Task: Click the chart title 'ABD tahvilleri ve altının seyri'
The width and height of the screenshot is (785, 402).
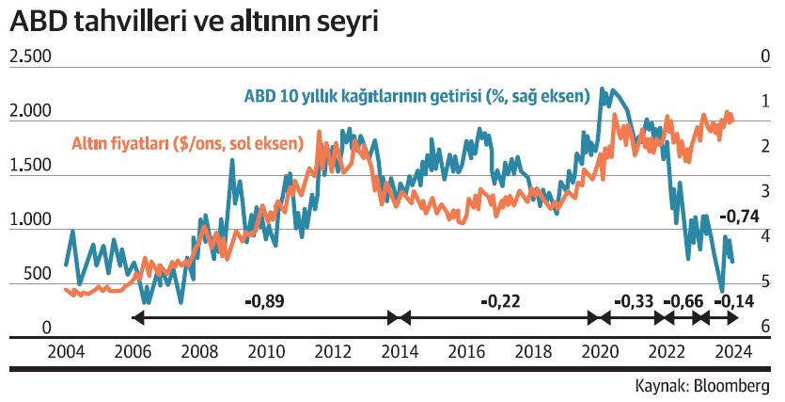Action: (x=194, y=24)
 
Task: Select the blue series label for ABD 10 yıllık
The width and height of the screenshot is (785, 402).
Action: (x=416, y=96)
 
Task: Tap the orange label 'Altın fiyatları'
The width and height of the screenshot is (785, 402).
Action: (x=187, y=144)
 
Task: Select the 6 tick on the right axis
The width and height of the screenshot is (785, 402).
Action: (x=765, y=327)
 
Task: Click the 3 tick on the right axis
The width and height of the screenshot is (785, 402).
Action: (x=765, y=191)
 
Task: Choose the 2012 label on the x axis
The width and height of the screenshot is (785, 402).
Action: (x=333, y=352)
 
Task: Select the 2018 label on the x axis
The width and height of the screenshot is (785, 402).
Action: (x=534, y=352)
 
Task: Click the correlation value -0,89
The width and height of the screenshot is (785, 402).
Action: (x=264, y=301)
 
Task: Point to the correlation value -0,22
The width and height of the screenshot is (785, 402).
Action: (x=499, y=301)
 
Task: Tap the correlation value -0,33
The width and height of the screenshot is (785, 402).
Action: (x=633, y=301)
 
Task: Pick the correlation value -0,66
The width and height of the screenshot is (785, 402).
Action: (x=683, y=301)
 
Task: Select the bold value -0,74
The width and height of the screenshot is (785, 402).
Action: (x=739, y=217)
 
